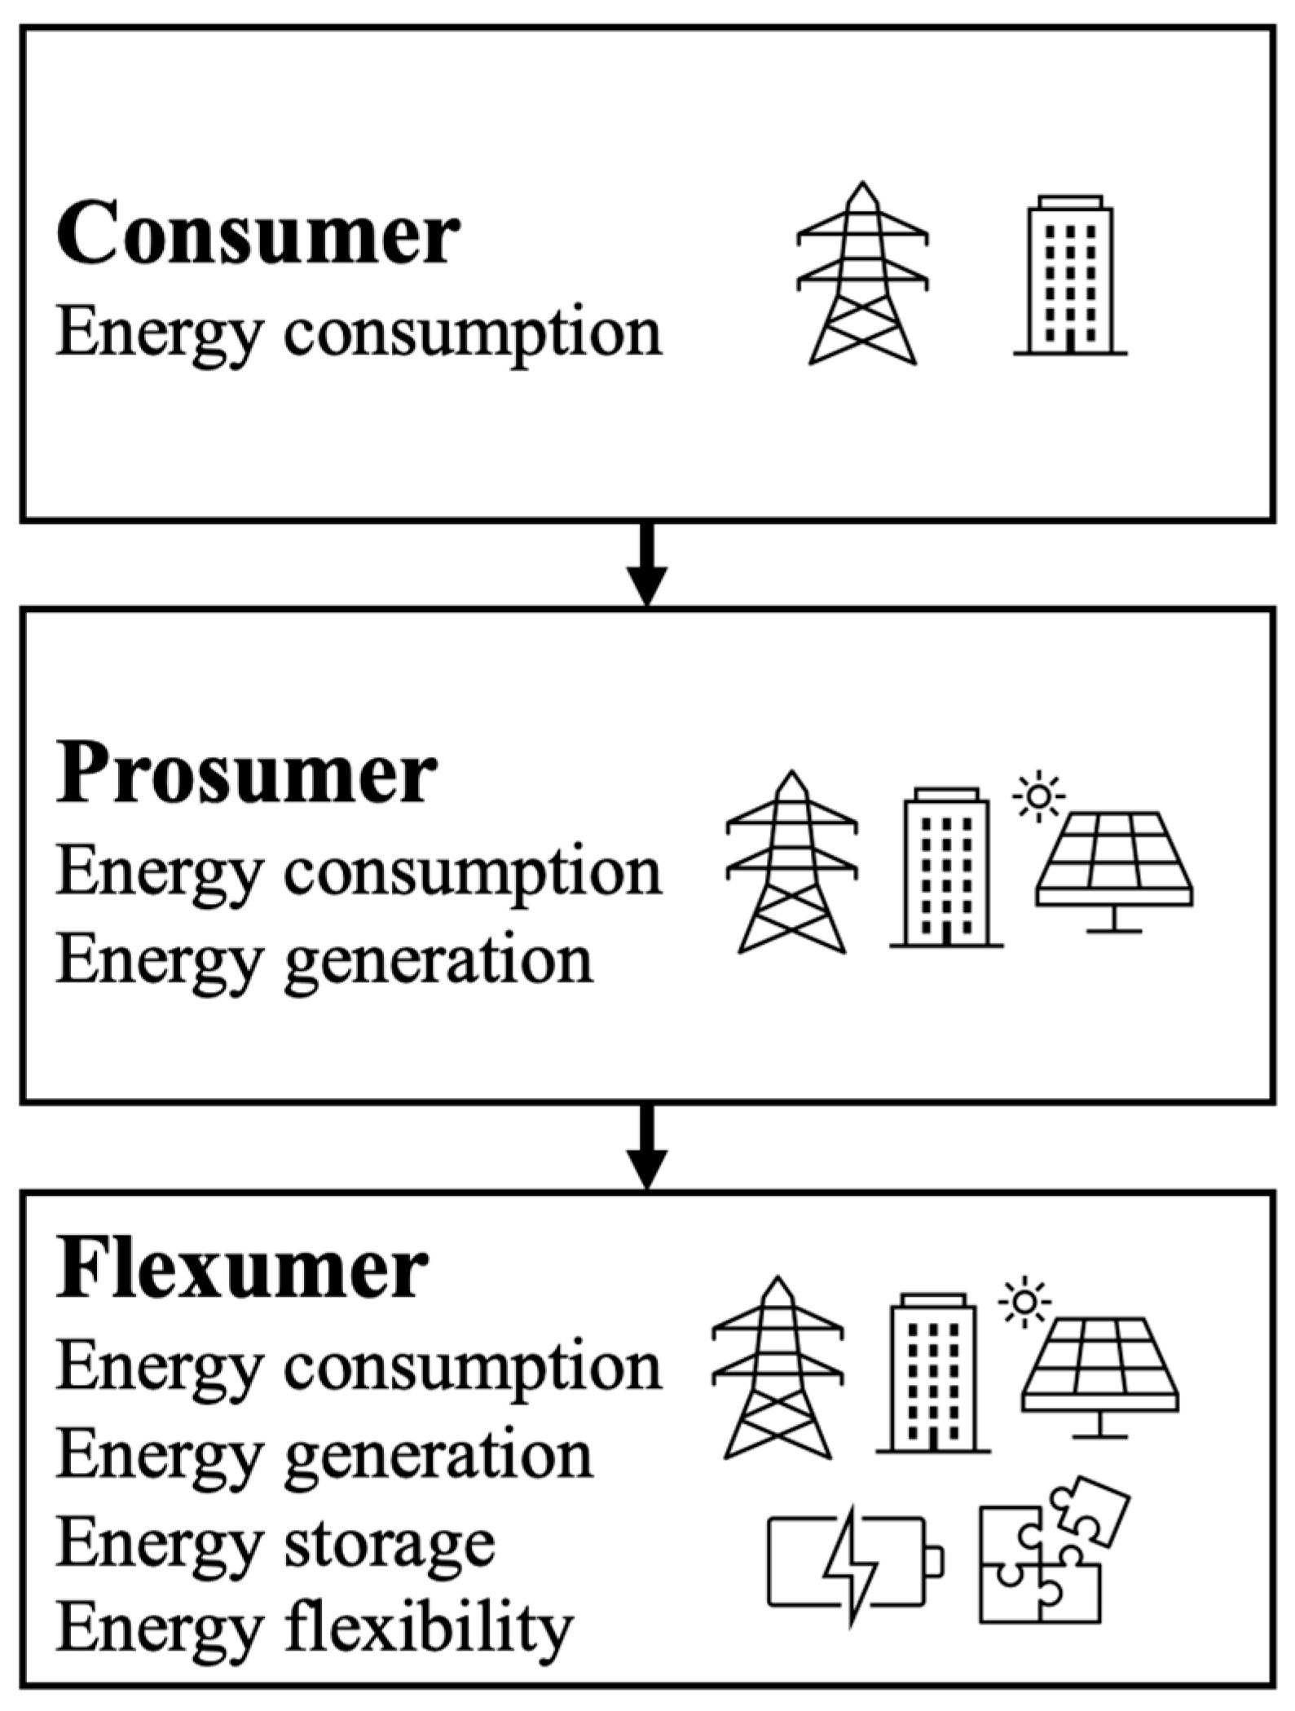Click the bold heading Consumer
click(x=258, y=235)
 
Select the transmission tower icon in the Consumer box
click(x=862, y=274)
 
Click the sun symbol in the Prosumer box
click(x=1038, y=795)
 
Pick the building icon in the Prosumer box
click(x=946, y=867)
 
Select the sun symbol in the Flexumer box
click(x=1024, y=1301)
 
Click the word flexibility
click(x=429, y=1630)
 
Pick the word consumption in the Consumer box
click(x=473, y=335)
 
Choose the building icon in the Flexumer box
click(x=933, y=1373)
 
